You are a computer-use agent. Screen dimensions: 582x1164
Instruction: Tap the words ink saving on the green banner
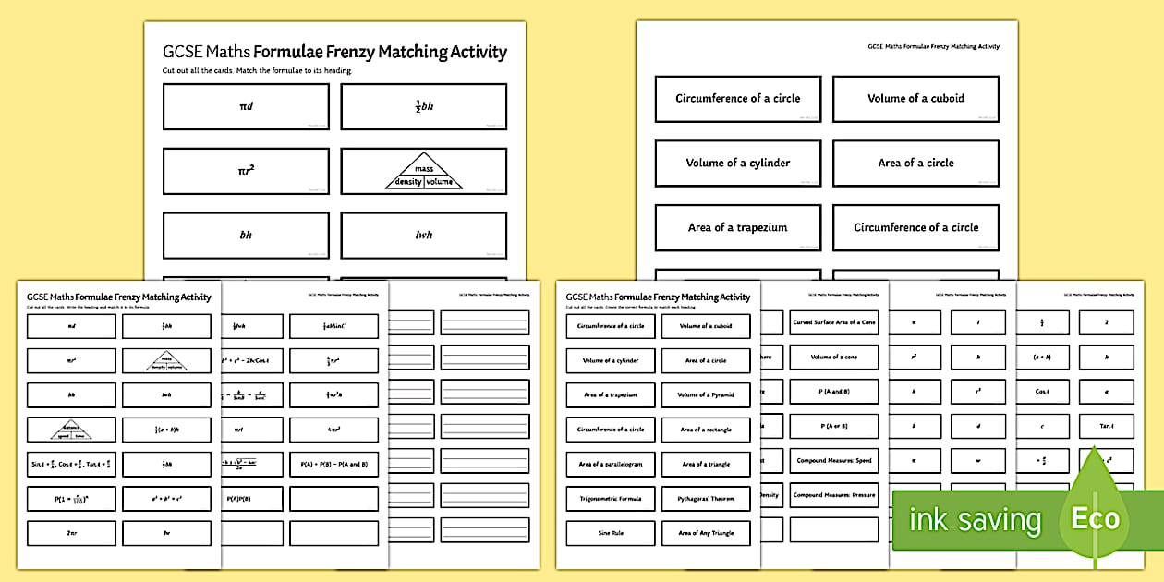pyautogui.click(x=975, y=520)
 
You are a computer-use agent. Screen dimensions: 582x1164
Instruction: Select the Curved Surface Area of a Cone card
pyautogui.click(x=834, y=322)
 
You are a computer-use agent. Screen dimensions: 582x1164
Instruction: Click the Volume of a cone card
pyautogui.click(x=834, y=357)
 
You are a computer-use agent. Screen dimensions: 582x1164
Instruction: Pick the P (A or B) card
pyautogui.click(x=834, y=426)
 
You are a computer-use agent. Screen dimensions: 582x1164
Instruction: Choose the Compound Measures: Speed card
pyautogui.click(x=834, y=460)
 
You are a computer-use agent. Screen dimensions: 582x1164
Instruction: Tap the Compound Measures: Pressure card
pyautogui.click(x=834, y=495)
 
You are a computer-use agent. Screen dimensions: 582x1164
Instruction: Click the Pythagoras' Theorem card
pyautogui.click(x=706, y=499)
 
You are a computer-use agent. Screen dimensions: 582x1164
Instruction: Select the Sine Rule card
pyautogui.click(x=611, y=533)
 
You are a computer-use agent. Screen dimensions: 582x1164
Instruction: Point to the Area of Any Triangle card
pyautogui.click(x=706, y=533)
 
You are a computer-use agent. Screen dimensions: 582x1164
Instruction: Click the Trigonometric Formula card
pyautogui.click(x=611, y=499)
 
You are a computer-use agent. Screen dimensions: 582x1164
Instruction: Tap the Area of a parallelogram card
pyautogui.click(x=611, y=464)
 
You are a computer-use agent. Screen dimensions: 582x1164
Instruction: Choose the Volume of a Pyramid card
pyautogui.click(x=706, y=395)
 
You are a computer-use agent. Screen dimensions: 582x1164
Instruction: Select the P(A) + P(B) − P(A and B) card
pyautogui.click(x=333, y=464)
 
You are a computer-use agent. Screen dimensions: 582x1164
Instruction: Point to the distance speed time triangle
pyautogui.click(x=71, y=430)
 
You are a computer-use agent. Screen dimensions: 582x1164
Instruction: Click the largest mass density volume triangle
pyautogui.click(x=423, y=172)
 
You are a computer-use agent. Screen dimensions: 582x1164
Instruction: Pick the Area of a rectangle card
pyautogui.click(x=706, y=430)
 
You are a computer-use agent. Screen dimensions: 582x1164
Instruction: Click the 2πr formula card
pyautogui.click(x=71, y=533)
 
